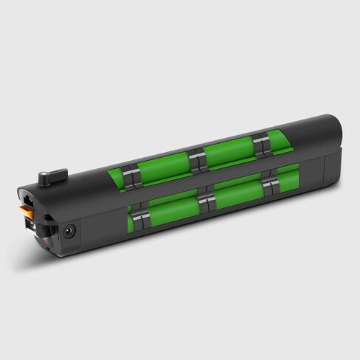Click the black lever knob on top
click(54, 175)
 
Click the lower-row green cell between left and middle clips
click(174, 208)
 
